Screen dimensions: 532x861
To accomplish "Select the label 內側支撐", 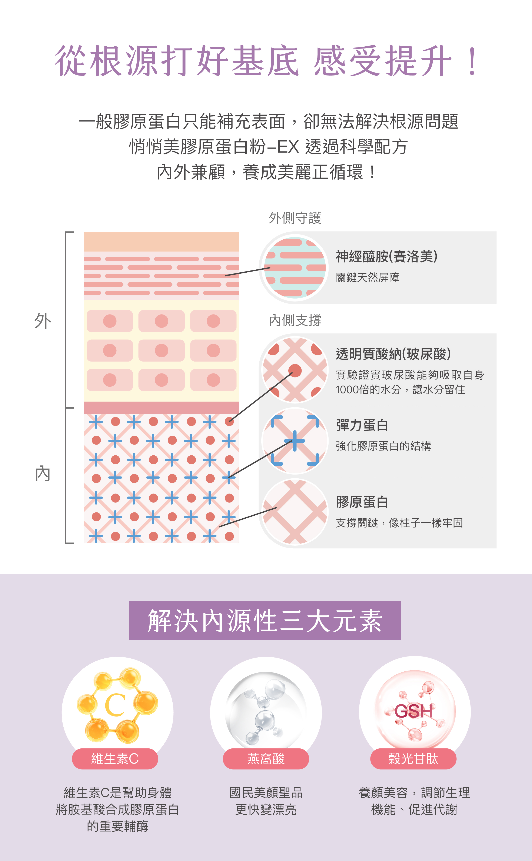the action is [295, 320].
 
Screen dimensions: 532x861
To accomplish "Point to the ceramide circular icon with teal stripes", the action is [295, 267].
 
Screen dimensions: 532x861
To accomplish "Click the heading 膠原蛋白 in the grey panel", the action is [362, 502].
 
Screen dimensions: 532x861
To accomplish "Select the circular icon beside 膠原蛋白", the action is [295, 512].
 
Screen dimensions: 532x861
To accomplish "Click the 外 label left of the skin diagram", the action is [43, 321].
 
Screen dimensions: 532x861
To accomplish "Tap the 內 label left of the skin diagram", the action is [43, 474].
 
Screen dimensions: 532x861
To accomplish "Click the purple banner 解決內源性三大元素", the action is [265, 620].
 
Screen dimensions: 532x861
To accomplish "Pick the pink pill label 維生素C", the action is [115, 759].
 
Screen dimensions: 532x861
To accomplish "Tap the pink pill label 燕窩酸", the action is [266, 759].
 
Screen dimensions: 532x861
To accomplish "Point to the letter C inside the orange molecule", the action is [115, 705].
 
